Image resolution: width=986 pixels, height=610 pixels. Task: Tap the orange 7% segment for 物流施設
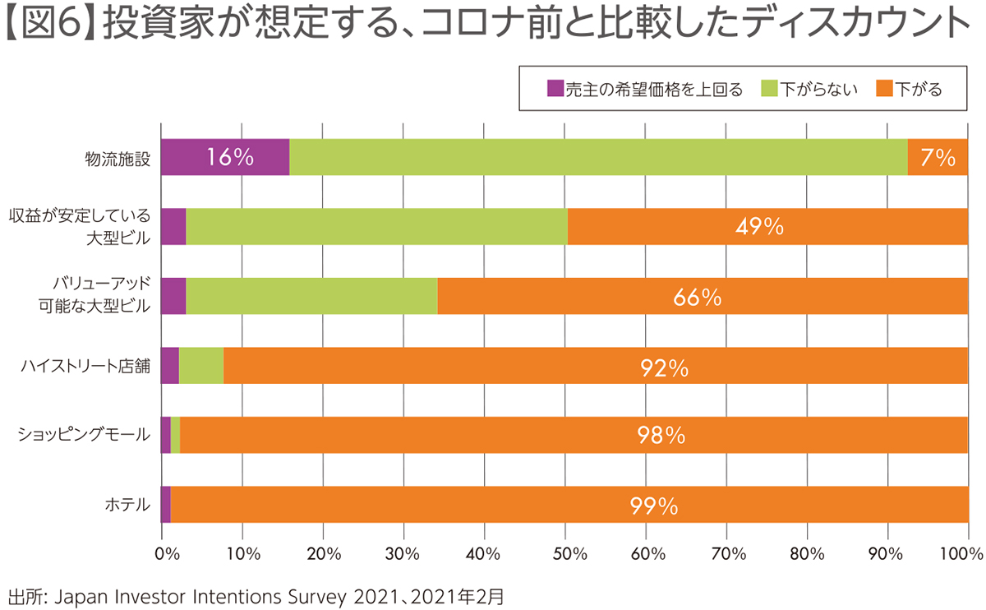click(938, 157)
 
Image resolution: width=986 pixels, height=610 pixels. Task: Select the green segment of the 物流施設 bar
click(598, 157)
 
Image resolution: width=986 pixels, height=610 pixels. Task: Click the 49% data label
click(759, 227)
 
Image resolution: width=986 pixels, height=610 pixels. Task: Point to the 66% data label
click(697, 297)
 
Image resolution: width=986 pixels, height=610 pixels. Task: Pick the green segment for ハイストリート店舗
click(201, 365)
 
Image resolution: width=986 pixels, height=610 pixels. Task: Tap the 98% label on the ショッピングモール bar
click(661, 436)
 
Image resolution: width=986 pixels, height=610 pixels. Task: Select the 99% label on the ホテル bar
click(654, 506)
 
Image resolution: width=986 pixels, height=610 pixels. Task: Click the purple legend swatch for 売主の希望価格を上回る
click(555, 89)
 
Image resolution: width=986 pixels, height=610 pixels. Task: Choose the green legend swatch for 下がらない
click(769, 89)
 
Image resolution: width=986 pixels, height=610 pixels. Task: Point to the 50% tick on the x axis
click(564, 553)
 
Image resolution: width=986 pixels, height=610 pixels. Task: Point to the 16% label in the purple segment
click(230, 157)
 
